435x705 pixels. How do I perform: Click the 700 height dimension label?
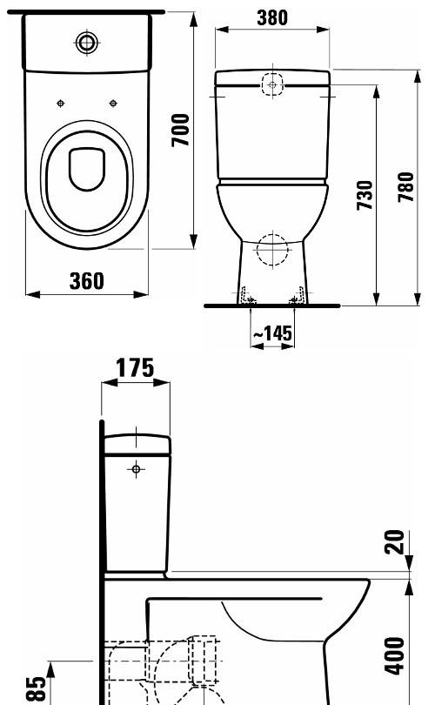180,130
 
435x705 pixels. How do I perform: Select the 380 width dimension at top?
272,17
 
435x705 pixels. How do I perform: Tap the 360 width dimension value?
86,280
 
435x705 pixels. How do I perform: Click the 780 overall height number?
405,186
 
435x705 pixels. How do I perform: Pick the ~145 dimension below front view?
271,334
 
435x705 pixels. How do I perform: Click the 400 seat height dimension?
396,654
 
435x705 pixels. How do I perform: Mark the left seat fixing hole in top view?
60,104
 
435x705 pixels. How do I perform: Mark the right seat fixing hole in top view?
113,104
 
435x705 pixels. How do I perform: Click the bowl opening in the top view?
85,169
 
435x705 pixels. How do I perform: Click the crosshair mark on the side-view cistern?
137,470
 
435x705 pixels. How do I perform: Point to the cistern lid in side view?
137,445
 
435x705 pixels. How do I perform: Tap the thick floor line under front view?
271,306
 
